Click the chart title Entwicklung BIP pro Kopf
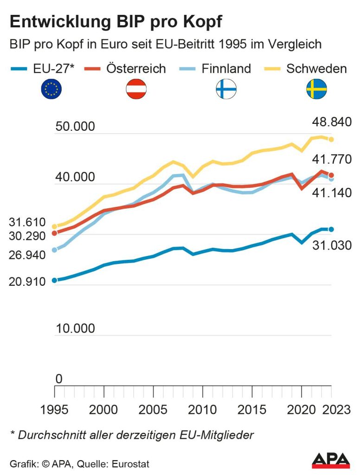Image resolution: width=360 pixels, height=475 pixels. (x=116, y=22)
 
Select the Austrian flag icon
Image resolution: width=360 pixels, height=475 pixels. (x=136, y=89)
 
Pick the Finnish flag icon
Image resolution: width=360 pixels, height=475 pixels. (x=226, y=89)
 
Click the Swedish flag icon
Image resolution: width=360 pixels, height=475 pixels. (x=316, y=89)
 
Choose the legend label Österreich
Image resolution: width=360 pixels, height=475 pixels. (x=136, y=69)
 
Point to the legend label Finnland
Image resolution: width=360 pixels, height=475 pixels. (x=226, y=69)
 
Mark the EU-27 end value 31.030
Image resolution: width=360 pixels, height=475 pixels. (x=331, y=246)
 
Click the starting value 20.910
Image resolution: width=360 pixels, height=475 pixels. (x=27, y=282)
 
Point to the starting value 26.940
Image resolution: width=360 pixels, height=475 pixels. (x=27, y=255)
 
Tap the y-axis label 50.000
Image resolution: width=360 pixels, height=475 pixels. (x=75, y=127)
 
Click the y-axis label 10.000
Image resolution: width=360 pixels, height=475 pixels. (x=75, y=329)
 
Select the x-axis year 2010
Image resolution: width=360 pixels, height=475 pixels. (x=203, y=411)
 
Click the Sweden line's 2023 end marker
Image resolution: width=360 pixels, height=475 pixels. (x=331, y=139)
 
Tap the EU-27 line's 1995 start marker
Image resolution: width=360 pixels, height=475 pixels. (x=54, y=280)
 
